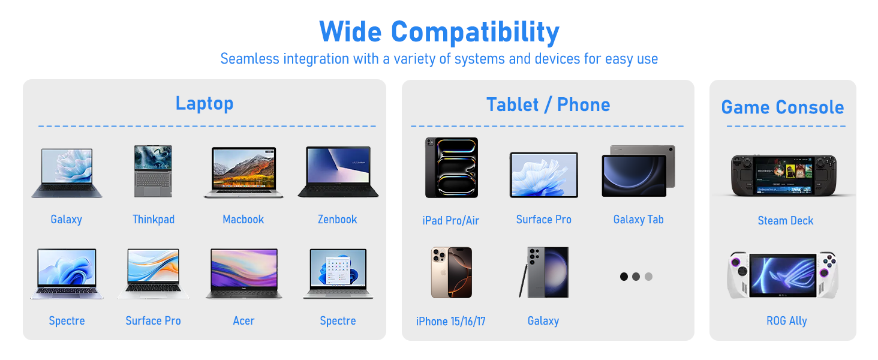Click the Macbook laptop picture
pos(243,172)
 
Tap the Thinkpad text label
pos(154,220)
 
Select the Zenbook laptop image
pos(338,172)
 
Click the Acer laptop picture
pos(243,274)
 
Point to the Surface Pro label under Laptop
pos(153,321)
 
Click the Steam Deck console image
pos(783,175)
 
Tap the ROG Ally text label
pos(786,321)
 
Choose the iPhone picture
pos(451,272)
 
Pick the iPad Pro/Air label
pos(451,221)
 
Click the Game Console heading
pos(783,107)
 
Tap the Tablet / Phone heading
pos(548,105)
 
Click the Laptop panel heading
pos(205,103)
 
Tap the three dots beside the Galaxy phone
pos(636,277)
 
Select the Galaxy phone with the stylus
pos(543,272)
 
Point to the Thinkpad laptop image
pos(154,171)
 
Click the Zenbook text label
pos(338,220)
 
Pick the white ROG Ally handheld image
pos(783,275)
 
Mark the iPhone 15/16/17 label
pos(451,322)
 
